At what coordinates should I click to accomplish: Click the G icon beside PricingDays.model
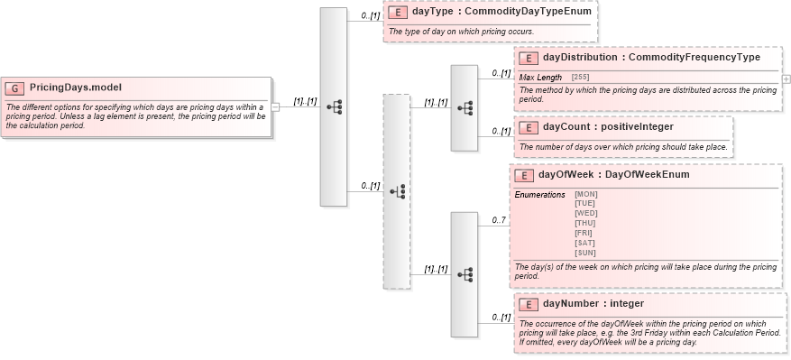click(x=15, y=88)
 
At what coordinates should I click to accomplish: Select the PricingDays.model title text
click(x=76, y=88)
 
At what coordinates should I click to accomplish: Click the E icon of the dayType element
click(x=398, y=13)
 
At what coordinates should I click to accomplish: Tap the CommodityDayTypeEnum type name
click(x=509, y=13)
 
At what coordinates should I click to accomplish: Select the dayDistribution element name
click(x=580, y=58)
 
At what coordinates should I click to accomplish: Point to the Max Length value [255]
click(x=580, y=78)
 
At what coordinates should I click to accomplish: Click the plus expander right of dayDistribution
click(x=786, y=78)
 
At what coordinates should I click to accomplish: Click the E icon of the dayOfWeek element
click(x=524, y=175)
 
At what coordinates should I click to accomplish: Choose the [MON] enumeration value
click(x=585, y=194)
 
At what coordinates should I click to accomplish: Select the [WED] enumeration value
click(x=585, y=213)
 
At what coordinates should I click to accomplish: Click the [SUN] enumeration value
click(x=585, y=253)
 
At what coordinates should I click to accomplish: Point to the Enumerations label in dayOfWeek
click(x=539, y=195)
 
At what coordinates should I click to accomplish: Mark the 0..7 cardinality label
click(x=499, y=220)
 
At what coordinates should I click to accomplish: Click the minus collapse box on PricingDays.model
click(x=275, y=106)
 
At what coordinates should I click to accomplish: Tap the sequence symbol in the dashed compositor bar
click(x=397, y=191)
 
